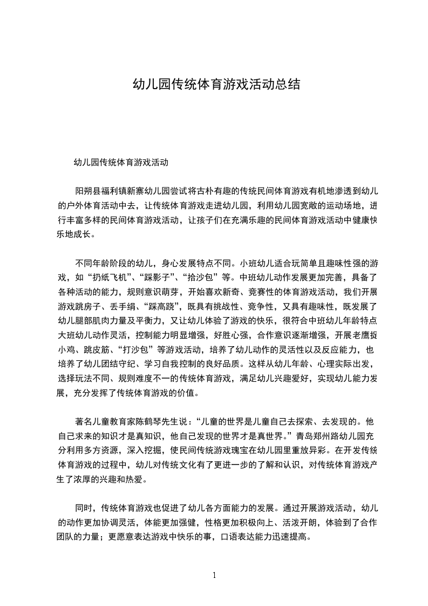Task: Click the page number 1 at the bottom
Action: coord(214,575)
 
